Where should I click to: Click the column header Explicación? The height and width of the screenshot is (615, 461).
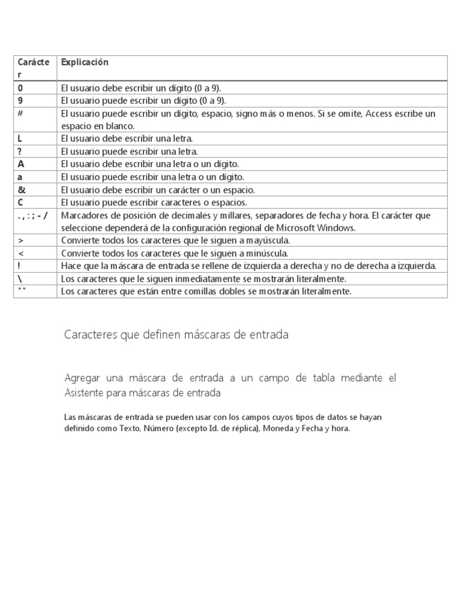click(85, 62)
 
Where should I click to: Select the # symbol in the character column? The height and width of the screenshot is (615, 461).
click(20, 114)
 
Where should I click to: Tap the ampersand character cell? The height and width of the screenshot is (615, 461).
click(22, 190)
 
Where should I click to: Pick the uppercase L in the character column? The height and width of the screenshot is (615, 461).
click(20, 139)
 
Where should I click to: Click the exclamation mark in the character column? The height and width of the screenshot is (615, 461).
click(19, 266)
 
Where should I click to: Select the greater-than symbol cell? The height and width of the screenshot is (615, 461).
click(20, 241)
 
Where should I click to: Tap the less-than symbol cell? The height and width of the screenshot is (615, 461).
click(20, 253)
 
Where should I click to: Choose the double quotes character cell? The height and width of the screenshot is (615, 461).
click(22, 291)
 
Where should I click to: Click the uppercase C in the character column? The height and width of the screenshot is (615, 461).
click(20, 202)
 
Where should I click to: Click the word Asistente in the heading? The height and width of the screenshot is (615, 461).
click(85, 393)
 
